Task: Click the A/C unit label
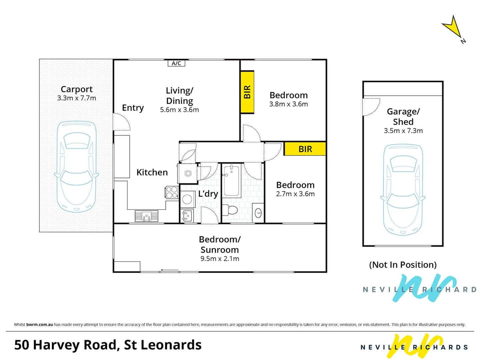click(176, 63)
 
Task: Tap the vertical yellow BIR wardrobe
click(247, 92)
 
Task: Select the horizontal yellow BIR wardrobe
click(305, 149)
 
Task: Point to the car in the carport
click(77, 167)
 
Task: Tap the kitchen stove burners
click(172, 192)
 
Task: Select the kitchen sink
click(146, 216)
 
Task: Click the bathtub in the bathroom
click(231, 180)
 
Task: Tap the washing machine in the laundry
click(187, 199)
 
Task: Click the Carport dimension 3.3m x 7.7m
click(77, 98)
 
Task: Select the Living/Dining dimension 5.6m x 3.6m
click(179, 110)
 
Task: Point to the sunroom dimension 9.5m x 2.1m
click(220, 259)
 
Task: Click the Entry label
click(133, 108)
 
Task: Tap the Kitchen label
click(152, 172)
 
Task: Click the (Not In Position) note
click(403, 265)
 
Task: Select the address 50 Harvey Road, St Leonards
click(108, 345)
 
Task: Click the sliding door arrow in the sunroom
click(169, 270)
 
